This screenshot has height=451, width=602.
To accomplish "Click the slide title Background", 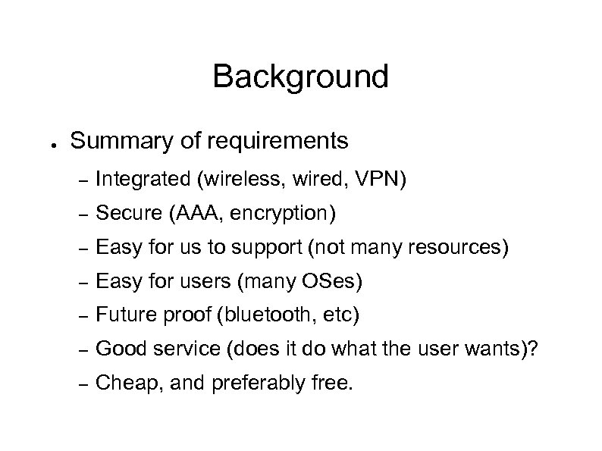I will coord(300,77).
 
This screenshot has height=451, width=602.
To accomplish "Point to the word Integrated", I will coord(143,180).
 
